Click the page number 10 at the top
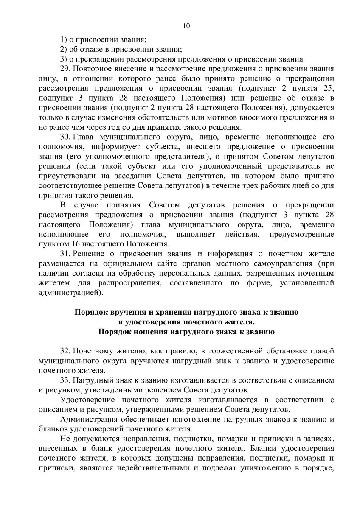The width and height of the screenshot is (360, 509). pyautogui.click(x=186, y=26)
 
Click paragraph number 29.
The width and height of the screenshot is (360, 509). pyautogui.click(x=65, y=68)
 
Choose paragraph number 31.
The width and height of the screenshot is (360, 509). pyautogui.click(x=65, y=254)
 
